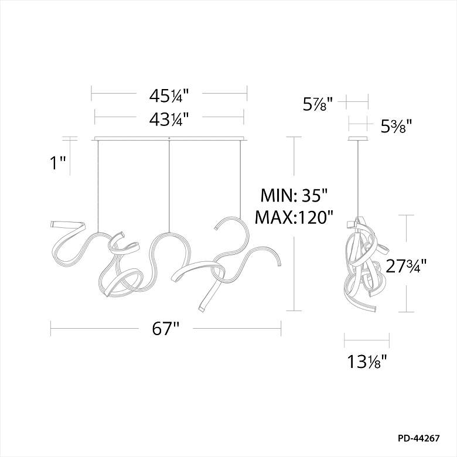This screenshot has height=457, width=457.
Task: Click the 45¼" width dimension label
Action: (x=169, y=96)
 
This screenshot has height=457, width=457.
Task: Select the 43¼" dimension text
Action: (x=169, y=119)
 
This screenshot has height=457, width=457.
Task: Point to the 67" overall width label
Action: (x=165, y=329)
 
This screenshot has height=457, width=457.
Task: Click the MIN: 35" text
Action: (x=294, y=195)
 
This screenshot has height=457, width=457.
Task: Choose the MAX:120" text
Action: (x=294, y=217)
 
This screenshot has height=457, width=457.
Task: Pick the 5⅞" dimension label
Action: (x=318, y=104)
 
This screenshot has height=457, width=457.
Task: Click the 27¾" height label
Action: (x=406, y=265)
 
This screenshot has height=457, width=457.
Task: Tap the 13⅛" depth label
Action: (x=367, y=361)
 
